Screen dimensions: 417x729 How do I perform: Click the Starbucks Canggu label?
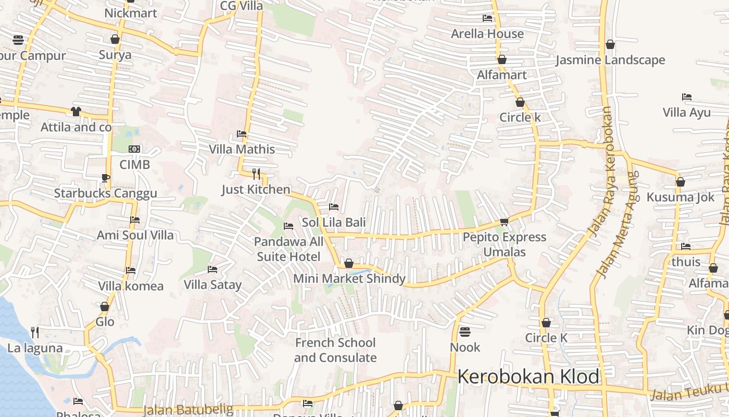tap(106, 194)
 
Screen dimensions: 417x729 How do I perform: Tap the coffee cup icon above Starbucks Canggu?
tap(106, 178)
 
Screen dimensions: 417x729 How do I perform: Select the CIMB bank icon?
tap(134, 149)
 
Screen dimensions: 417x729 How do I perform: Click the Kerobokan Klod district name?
tap(528, 376)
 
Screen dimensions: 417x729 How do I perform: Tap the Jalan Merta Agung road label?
tap(618, 224)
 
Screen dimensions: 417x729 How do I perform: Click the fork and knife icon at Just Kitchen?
tap(256, 174)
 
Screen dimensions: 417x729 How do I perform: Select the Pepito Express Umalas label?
tap(505, 244)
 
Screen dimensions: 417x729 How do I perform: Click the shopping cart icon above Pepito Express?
tap(504, 222)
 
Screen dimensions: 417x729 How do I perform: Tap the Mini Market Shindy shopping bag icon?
tap(349, 263)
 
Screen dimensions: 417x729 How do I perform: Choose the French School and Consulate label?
tap(335, 350)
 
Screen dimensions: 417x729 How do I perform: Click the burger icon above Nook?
tap(465, 332)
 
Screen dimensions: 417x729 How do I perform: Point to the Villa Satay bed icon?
tap(212, 269)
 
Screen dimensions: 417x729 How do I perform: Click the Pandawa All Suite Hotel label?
tap(288, 249)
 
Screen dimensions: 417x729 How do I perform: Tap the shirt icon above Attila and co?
tap(76, 112)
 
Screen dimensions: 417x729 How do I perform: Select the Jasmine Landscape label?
tap(610, 60)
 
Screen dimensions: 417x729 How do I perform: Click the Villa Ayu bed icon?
tap(687, 97)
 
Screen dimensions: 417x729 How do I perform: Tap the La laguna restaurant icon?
tap(35, 332)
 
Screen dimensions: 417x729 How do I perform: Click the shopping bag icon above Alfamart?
tap(502, 60)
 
